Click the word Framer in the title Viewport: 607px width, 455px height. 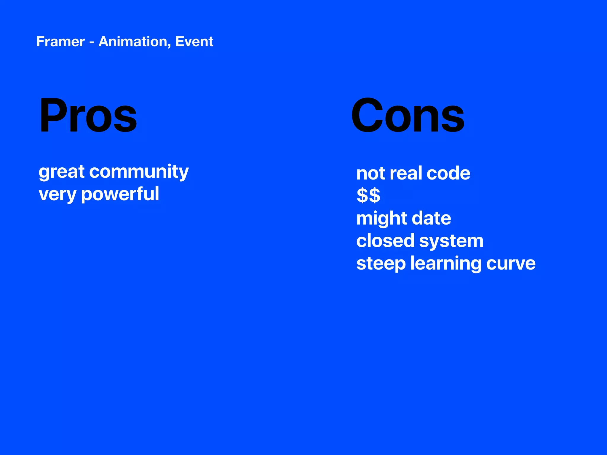(60, 41)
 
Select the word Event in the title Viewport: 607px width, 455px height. (194, 41)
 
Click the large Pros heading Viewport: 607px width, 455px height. (88, 116)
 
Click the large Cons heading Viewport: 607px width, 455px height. (408, 116)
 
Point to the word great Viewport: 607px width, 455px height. (62, 172)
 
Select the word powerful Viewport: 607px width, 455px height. (120, 195)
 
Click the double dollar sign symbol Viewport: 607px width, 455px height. (368, 196)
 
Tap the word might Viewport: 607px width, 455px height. (381, 219)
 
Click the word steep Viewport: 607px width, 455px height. (381, 264)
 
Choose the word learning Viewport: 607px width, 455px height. (446, 264)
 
